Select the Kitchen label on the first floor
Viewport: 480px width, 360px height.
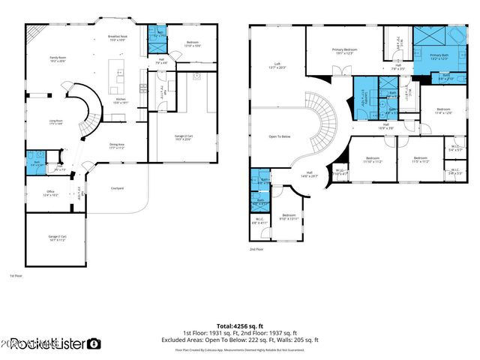point(119,101)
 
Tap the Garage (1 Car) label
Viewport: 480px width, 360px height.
point(58,238)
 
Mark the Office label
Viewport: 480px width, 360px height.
point(51,193)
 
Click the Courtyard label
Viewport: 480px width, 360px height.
point(117,188)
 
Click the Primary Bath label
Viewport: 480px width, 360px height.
point(439,57)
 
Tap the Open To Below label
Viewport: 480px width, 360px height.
point(280,136)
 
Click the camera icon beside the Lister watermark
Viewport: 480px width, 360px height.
point(94,343)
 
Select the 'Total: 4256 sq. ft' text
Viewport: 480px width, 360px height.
point(239,325)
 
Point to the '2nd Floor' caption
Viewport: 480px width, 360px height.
point(256,249)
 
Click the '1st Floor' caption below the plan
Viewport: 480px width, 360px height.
point(16,277)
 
